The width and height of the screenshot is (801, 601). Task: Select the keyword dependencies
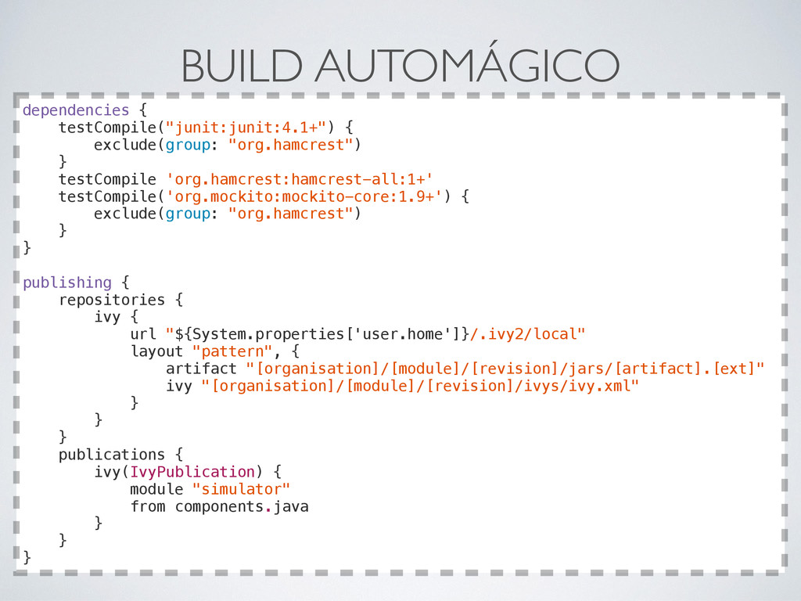[x=76, y=110]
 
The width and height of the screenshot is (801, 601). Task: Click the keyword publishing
[x=67, y=283]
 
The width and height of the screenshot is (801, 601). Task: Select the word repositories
[x=112, y=300]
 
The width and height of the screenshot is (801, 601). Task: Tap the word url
[x=143, y=334]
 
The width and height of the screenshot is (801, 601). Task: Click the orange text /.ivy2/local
[x=527, y=334]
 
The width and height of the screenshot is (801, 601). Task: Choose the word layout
[x=156, y=351]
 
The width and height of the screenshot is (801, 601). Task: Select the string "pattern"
[x=232, y=351]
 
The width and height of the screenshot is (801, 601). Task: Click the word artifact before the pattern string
[x=201, y=369]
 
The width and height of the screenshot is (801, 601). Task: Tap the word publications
[x=112, y=455]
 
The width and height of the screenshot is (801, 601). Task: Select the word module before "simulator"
[x=156, y=489]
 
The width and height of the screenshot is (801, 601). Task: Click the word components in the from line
[x=219, y=507]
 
